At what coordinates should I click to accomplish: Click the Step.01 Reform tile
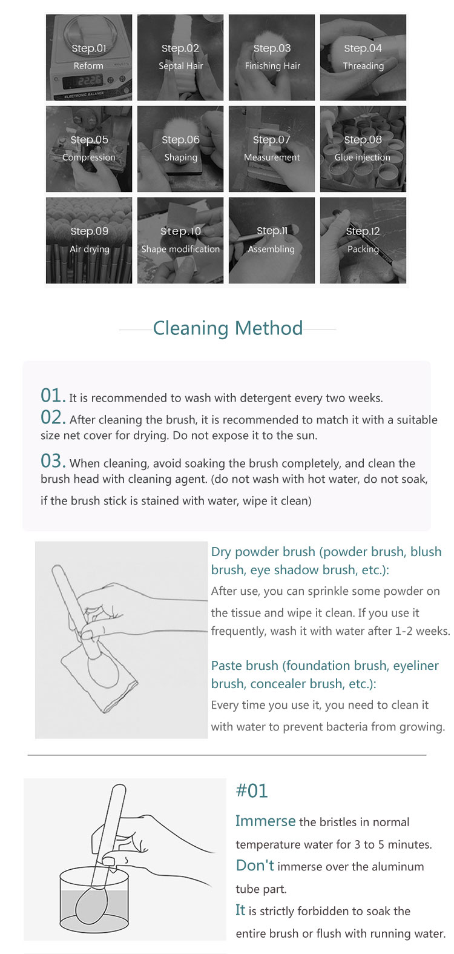(89, 58)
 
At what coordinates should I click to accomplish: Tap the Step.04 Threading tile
(363, 58)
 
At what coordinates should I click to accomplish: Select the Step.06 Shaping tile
(180, 149)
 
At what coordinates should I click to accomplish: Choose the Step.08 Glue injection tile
(363, 149)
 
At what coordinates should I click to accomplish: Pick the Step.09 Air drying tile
(89, 240)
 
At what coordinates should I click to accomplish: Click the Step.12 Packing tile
(363, 240)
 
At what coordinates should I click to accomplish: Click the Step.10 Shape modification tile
(180, 240)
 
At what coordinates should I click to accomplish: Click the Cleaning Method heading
(228, 328)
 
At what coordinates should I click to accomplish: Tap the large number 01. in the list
(53, 396)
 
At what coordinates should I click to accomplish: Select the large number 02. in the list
(53, 417)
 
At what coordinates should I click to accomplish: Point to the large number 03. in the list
(53, 461)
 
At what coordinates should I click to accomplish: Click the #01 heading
(251, 790)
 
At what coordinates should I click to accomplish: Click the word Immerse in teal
(265, 821)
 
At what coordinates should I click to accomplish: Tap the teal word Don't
(255, 866)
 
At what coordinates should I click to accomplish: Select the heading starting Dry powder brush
(326, 561)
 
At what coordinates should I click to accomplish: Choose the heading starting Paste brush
(325, 674)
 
